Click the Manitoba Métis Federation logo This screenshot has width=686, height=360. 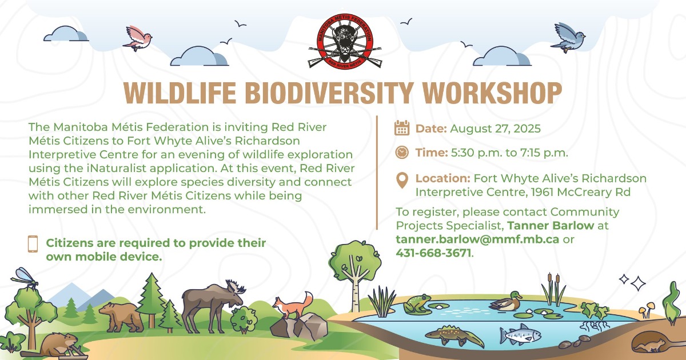point(345,42)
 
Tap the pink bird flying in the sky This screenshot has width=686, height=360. point(138,39)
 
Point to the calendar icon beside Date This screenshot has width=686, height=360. point(402,128)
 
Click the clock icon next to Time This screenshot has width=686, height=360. point(402,153)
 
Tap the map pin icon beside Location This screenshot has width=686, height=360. point(402,181)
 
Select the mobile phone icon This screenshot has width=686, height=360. point(33,244)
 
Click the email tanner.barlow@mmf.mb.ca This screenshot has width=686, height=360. point(477,239)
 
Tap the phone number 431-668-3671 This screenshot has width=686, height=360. point(433,253)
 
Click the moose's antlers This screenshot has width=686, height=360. point(235,287)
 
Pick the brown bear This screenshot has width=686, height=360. point(121,317)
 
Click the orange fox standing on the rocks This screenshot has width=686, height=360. point(293,306)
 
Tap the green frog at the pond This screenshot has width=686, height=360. point(417,303)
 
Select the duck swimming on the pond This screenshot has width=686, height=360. point(506,301)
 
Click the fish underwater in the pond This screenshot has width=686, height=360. point(520,334)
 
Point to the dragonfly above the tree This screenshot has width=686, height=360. point(25,279)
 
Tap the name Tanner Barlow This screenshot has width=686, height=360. point(551,226)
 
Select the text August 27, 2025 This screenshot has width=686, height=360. point(495,129)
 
